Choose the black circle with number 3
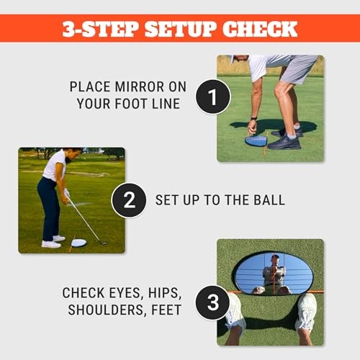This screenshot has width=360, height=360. tap(213, 302)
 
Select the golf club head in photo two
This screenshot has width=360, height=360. tap(102, 242)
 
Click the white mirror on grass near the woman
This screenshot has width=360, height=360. tap(78, 243)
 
